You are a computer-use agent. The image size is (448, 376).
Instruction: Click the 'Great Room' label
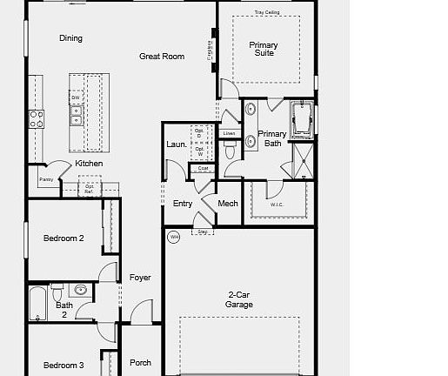pos(162,57)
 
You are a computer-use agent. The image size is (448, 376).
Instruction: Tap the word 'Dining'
pos(70,38)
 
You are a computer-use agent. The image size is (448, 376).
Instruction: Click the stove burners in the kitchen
pos(37,118)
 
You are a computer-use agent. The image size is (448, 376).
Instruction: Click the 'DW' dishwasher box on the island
pos(76,97)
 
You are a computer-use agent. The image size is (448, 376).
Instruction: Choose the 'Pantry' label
pos(46,180)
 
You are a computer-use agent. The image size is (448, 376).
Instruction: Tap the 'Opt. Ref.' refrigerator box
pos(90,187)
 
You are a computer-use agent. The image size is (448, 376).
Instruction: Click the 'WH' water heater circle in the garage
pos(174,237)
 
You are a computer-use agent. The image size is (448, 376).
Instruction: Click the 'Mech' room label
pos(228,204)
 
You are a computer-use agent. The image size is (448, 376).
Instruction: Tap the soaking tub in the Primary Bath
pos(303,119)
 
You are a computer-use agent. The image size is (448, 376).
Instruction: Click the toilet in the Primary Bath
pos(230,151)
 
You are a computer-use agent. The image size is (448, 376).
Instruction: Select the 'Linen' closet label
pos(229,133)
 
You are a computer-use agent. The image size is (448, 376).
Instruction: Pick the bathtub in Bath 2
pos(37,304)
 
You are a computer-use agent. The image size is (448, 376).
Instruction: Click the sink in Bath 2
pos(80,290)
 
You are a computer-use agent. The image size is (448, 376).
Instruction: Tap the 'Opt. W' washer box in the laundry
pos(199,151)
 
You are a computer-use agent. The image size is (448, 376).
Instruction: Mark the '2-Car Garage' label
pos(240,299)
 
